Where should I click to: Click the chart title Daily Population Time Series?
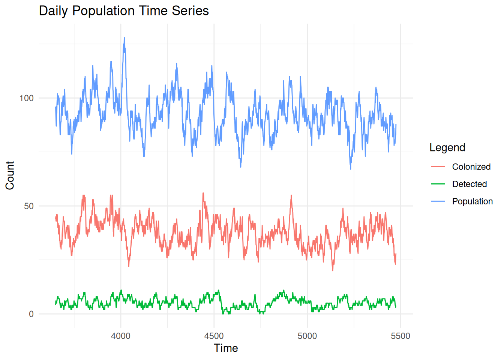[x=124, y=10]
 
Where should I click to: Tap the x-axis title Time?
[x=226, y=348]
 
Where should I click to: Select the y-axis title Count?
[x=10, y=175]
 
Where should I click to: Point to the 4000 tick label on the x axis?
[x=121, y=336]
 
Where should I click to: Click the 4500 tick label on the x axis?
[x=214, y=336]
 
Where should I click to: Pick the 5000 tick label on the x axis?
[x=307, y=336]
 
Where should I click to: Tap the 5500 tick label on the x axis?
[x=400, y=336]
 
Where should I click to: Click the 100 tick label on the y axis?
[x=27, y=98]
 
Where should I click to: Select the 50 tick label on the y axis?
[x=29, y=206]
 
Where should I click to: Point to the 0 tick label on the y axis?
[x=31, y=314]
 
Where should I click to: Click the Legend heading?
[x=447, y=147]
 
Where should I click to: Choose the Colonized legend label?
[x=471, y=167]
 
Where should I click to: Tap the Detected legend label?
[x=469, y=184]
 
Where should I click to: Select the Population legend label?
[x=472, y=201]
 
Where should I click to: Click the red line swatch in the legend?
[x=438, y=167]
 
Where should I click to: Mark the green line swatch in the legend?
[x=438, y=184]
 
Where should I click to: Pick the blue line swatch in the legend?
[x=438, y=201]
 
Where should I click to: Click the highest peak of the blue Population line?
[x=124, y=38]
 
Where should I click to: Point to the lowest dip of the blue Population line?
[x=351, y=169]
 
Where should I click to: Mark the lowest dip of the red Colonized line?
[x=333, y=270]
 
